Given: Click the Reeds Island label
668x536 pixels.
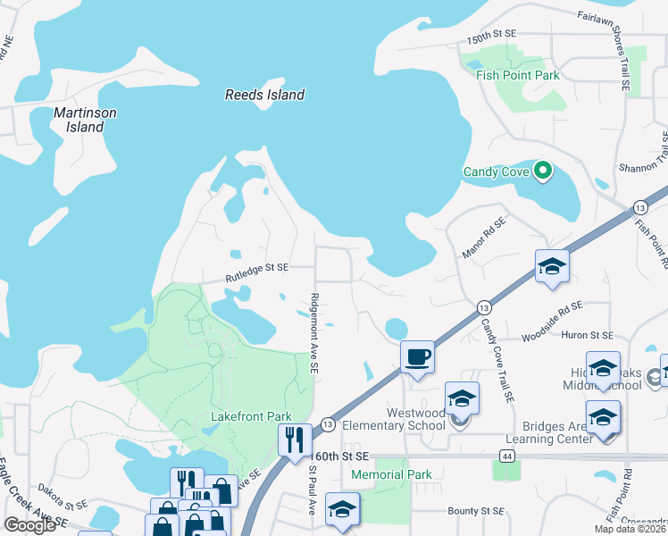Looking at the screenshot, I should tap(264, 95).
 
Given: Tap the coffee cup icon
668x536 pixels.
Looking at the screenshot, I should tap(417, 356).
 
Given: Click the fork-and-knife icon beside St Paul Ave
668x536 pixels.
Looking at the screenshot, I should tap(294, 440).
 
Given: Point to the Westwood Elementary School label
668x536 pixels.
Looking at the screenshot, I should tap(415, 419).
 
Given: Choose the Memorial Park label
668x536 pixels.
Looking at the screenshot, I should tap(391, 474).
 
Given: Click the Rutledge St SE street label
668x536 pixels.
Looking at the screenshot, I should tap(257, 267).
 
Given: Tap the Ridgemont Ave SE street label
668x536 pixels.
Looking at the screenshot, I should tap(313, 334).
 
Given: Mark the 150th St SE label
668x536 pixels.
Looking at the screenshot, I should tap(492, 32).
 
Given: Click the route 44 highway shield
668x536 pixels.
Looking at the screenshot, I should tap(506, 456).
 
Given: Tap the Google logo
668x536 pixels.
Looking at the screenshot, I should tap(29, 525).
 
